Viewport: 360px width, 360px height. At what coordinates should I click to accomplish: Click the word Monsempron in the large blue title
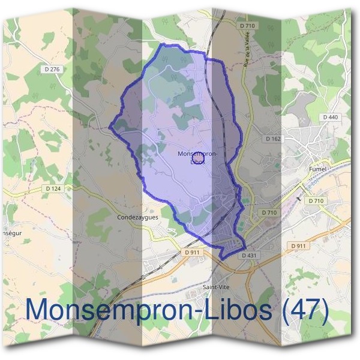coord(99,310)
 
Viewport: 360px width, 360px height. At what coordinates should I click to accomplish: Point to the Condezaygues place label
coord(138,218)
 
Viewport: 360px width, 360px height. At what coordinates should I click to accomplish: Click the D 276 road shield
coord(53,70)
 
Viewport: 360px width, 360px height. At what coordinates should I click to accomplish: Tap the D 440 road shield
coord(330,117)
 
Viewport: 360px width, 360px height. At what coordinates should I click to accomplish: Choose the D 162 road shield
coord(272,139)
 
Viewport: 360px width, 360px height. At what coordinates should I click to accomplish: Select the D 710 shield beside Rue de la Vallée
coord(247,26)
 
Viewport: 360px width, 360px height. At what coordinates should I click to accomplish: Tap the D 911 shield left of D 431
coord(192,253)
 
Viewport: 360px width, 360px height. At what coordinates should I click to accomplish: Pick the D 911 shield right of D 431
coord(298,246)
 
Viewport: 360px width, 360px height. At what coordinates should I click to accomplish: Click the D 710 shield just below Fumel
coord(316,200)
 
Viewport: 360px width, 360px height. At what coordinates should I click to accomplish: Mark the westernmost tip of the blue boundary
coord(109,127)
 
